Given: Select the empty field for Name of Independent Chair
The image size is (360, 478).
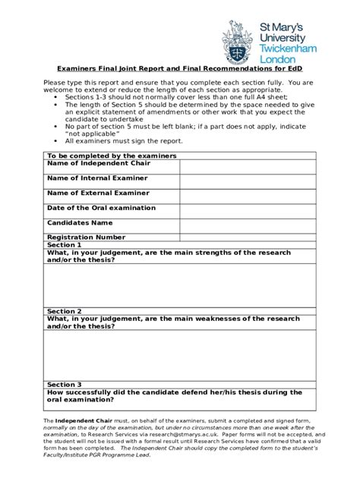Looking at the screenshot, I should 247,166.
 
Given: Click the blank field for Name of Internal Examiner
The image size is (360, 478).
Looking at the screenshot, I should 247,181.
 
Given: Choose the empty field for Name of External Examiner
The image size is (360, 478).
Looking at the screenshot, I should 247,197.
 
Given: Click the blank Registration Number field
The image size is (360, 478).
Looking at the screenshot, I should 247,237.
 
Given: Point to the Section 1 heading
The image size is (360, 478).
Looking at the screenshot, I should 64,245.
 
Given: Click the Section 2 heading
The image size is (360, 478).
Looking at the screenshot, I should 64,311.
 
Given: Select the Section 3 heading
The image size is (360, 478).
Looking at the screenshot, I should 64,385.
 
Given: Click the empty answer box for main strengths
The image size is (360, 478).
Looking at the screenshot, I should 179,285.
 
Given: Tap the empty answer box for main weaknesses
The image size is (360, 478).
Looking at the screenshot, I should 179,354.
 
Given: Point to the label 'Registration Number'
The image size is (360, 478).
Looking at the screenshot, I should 86,237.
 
